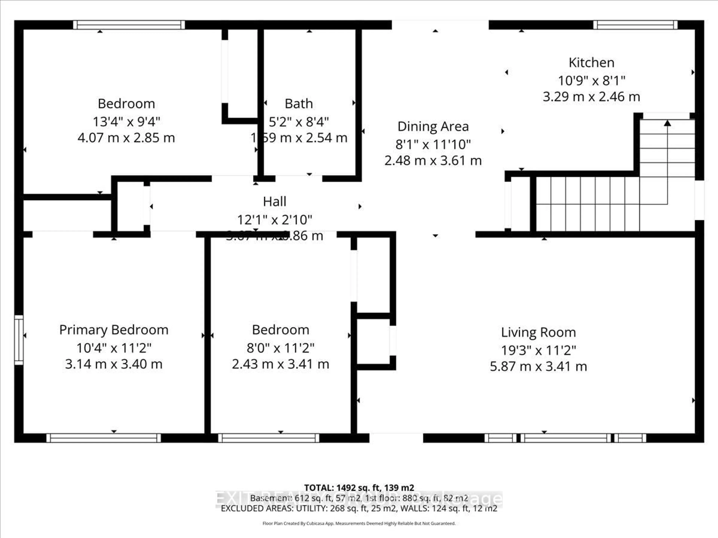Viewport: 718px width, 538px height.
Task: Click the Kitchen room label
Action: coord(591,63)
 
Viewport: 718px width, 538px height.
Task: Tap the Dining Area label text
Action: coord(433,126)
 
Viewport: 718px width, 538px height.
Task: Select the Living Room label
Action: coord(538,332)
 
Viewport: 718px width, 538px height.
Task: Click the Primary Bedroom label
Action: coord(114,330)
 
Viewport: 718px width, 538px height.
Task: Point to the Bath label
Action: coord(299,104)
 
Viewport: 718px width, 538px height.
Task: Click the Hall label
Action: coord(275,201)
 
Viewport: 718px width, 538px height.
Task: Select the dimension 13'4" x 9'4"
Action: coord(126,122)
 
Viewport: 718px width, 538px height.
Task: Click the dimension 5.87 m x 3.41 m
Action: coord(538,367)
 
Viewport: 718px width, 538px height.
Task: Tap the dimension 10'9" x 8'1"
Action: coord(591,81)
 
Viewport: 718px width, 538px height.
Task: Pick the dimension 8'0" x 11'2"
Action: coord(280,348)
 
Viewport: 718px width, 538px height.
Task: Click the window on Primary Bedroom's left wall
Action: coord(19,340)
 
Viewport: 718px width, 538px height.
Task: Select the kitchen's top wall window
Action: coord(635,25)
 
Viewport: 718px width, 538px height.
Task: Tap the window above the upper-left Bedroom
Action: coord(129,25)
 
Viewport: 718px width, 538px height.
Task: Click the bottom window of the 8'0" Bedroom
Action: coord(269,438)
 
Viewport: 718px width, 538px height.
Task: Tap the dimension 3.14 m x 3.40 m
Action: coord(114,364)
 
